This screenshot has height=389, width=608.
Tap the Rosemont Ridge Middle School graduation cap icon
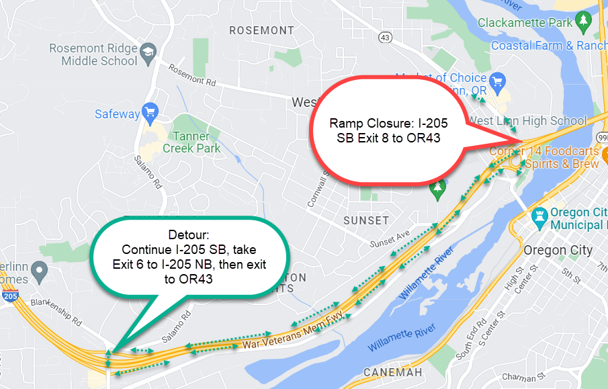pos(148,52)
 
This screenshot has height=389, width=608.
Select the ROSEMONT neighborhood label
pos(261,30)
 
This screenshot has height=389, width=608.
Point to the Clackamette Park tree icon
pos(584,21)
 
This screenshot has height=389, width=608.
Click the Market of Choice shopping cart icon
pos(498,82)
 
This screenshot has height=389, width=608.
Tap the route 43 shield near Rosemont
pos(385,38)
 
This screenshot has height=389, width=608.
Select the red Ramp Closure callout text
pos(388,131)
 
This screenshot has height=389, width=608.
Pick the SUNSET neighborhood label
pos(365,220)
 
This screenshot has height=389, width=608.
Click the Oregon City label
pos(558,250)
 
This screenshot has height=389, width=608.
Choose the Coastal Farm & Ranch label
pos(549,46)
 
